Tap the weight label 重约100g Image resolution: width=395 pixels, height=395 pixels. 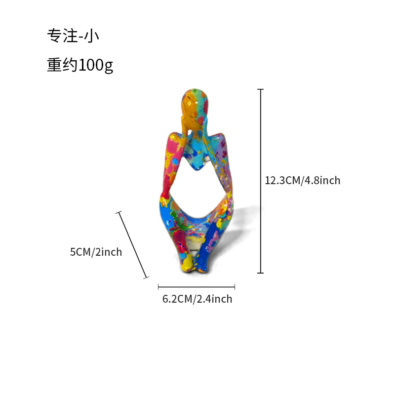(x=80, y=65)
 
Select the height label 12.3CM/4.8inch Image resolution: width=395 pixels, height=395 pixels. (x=303, y=181)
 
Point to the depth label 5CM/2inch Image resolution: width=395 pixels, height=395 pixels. (x=96, y=252)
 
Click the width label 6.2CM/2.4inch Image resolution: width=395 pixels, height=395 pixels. (x=197, y=299)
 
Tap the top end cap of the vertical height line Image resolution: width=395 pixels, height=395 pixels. (x=261, y=89)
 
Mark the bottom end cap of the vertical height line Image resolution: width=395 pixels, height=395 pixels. (x=261, y=273)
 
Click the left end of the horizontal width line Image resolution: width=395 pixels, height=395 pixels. (x=158, y=287)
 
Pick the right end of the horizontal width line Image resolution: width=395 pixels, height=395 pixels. (x=235, y=287)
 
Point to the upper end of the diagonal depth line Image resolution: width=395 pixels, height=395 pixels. (x=118, y=212)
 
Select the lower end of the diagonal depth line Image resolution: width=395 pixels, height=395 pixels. (x=147, y=278)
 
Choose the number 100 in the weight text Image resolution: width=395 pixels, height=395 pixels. (x=91, y=65)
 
